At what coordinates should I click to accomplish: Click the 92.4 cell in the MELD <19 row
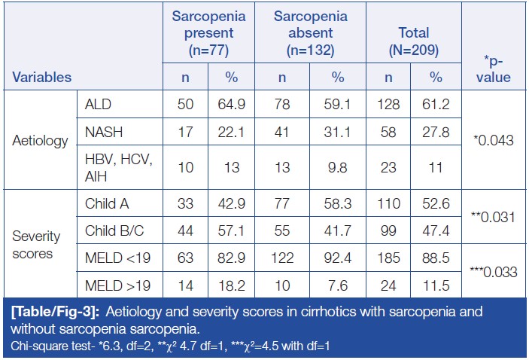click(337, 258)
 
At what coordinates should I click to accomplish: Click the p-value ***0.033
click(493, 272)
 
